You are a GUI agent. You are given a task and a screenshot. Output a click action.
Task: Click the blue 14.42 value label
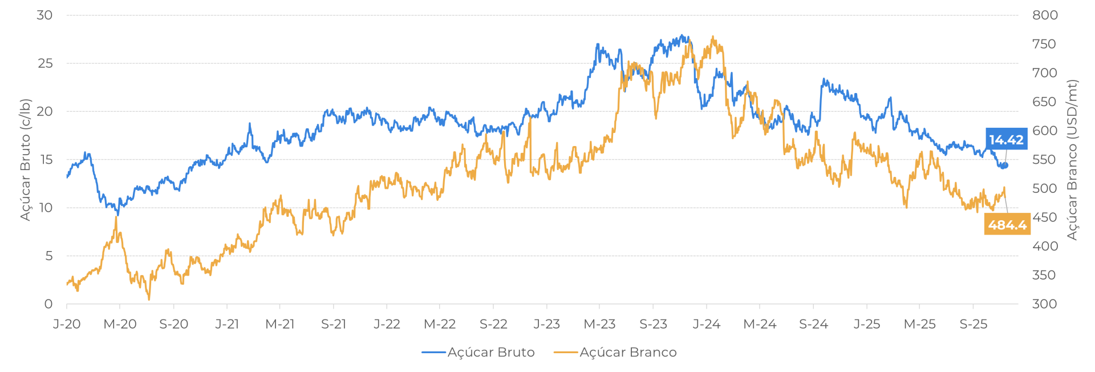1006,140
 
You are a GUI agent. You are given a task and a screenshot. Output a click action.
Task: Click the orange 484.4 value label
1007,225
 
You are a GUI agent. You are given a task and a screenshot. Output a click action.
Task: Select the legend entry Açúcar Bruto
490,353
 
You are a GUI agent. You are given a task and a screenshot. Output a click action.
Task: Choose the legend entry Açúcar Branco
627,353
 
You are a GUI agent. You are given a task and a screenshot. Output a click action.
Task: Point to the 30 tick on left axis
44,15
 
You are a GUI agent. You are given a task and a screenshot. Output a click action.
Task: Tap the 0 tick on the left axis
48,304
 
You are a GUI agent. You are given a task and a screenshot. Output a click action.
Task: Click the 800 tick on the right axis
1044,15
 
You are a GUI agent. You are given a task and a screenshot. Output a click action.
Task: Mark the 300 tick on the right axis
1044,304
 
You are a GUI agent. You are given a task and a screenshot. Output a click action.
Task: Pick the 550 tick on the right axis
1044,160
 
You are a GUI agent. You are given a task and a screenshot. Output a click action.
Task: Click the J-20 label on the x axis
67,325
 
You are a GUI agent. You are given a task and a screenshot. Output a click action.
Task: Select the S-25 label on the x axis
973,325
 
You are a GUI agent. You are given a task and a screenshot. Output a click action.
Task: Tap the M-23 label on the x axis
599,325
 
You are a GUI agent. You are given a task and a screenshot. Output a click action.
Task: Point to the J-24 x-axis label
706,325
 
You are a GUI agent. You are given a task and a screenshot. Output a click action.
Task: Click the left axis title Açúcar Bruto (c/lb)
26,160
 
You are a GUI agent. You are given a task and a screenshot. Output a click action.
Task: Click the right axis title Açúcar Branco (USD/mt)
1073,160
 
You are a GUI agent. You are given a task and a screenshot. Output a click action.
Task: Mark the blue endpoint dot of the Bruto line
1005,165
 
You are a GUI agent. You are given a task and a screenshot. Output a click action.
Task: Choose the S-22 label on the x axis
493,325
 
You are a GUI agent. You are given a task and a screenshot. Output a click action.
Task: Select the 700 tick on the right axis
1044,73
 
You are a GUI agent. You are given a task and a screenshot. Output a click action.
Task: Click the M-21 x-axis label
279,325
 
